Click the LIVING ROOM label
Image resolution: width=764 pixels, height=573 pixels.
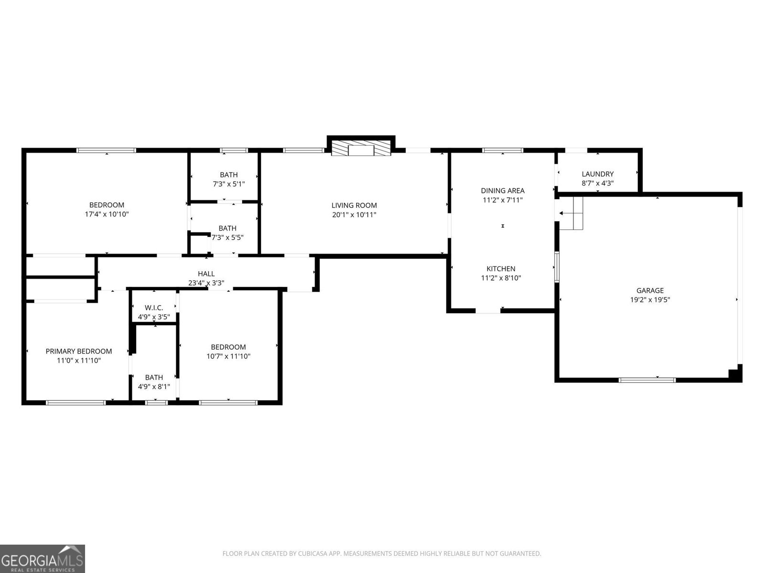pos(354,205)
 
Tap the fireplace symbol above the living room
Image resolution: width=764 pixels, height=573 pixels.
pos(361,148)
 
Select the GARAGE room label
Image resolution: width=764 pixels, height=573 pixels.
pos(650,290)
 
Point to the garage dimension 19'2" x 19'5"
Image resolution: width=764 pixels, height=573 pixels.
pos(650,300)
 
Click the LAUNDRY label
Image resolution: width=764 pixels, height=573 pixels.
pos(597,174)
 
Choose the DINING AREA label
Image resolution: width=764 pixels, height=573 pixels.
pos(502,191)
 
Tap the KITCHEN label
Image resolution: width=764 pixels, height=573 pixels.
pos(501,269)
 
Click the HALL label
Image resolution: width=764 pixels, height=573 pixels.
pos(206,274)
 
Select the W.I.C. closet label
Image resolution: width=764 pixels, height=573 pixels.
pos(154,308)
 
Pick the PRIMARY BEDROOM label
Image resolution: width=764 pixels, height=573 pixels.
pos(79,351)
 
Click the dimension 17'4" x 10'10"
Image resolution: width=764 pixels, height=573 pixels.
pos(106,214)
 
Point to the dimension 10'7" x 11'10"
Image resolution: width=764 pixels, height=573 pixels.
pos(228,356)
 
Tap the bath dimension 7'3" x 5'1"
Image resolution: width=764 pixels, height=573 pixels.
pos(229,184)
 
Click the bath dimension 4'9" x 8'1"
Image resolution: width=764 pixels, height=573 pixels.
pos(154,387)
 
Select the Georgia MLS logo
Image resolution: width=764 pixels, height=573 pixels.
pos(42,559)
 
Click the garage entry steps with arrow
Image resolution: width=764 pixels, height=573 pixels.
pos(571,213)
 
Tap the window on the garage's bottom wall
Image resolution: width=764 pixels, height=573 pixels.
pos(647,380)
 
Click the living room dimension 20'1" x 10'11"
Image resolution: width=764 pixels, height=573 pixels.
pos(354,215)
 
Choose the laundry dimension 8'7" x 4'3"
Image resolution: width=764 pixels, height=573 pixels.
pos(597,183)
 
